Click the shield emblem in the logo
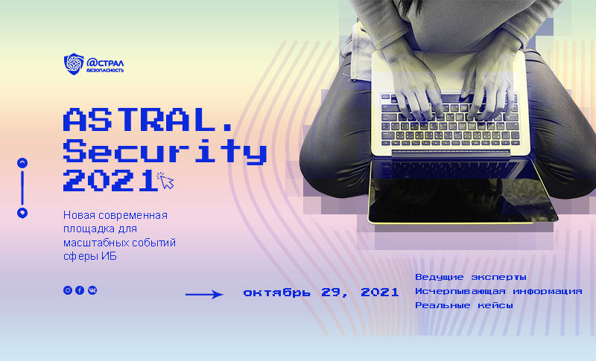tap(74, 64)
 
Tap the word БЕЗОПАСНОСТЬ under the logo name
tap(106, 70)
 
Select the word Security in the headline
tap(165, 151)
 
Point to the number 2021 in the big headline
tap(108, 181)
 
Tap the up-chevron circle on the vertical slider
tap(22, 162)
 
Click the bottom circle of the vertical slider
tap(22, 213)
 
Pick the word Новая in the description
tap(80, 215)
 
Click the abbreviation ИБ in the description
tap(110, 257)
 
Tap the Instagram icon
tap(68, 290)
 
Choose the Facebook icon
tap(80, 290)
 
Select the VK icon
tap(92, 290)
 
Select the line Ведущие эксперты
tap(470, 277)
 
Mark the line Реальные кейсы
tap(463, 305)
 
